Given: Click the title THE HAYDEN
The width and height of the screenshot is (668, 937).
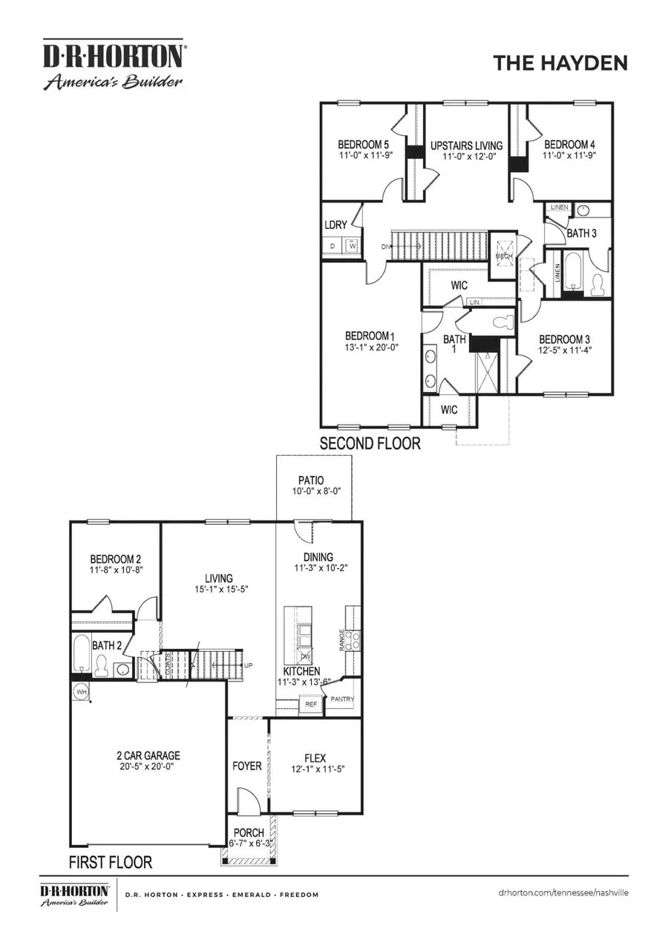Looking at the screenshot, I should (560, 63).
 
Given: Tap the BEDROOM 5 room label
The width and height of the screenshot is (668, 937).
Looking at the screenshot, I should (364, 144).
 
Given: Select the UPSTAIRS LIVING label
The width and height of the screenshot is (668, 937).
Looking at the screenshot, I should (466, 145).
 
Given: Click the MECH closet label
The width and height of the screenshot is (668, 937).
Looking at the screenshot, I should (504, 256).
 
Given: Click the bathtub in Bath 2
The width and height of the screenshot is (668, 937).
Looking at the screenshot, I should (82, 653).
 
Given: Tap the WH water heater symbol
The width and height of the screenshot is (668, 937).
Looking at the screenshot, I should (81, 692).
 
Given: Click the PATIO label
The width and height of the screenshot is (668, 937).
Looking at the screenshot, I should (311, 480).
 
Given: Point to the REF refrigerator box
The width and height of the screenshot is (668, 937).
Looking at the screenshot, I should (311, 703).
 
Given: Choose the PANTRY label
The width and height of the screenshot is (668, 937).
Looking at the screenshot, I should (342, 699).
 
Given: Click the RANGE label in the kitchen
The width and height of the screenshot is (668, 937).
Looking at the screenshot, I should (342, 639).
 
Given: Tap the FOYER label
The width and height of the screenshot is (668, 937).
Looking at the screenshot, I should (247, 765).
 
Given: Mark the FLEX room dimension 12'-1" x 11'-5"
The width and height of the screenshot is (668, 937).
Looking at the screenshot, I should (316, 770).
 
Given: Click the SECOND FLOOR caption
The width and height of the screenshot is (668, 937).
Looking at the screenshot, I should (370, 444).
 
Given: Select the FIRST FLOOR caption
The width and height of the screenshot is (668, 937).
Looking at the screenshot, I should (111, 862).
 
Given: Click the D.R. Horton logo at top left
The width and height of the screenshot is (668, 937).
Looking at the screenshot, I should (113, 64).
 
